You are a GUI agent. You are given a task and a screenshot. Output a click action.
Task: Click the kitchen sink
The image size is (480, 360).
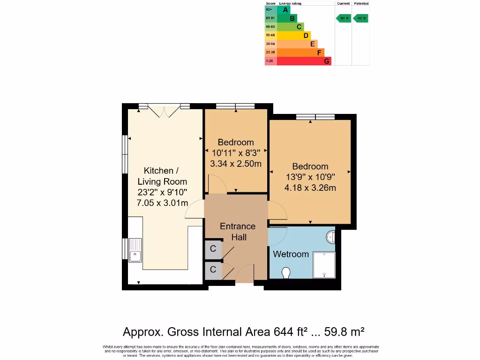pyautogui.click(x=135, y=249)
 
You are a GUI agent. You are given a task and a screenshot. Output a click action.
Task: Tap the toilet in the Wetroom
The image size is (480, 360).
pyautogui.click(x=286, y=272)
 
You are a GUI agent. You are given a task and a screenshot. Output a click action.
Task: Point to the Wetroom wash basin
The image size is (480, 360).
pyautogui.click(x=331, y=237)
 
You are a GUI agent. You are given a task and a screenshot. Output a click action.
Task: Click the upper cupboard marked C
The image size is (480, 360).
pyautogui.click(x=213, y=249)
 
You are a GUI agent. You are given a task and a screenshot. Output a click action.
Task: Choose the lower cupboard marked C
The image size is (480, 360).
pyautogui.click(x=213, y=270)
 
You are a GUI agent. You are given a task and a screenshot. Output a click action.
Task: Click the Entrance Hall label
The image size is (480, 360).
pyautogui.click(x=238, y=232)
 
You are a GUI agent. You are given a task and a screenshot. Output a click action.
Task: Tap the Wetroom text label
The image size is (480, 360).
pyautogui.click(x=291, y=254)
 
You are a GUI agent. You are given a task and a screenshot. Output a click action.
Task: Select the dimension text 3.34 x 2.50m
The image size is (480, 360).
pyautogui.click(x=236, y=164)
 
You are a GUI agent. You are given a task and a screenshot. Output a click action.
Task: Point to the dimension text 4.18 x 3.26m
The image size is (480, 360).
pyautogui.click(x=310, y=188)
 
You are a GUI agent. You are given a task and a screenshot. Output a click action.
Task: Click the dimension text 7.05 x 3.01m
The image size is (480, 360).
pyautogui.click(x=162, y=203)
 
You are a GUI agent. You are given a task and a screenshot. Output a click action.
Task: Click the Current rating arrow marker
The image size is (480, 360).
pyautogui.click(x=344, y=18)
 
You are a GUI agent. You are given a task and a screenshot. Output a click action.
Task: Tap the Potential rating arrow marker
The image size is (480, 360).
pyautogui.click(x=361, y=18)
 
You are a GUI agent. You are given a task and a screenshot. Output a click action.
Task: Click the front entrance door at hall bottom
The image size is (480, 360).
pyautogui.click(x=245, y=274)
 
